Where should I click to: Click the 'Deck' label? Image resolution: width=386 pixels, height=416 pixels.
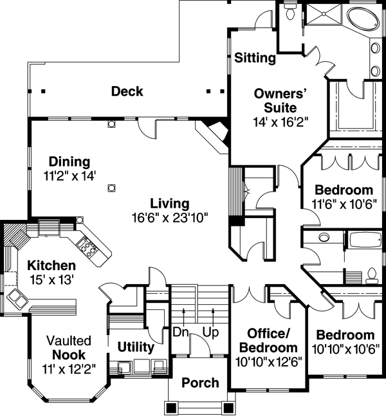(127, 91)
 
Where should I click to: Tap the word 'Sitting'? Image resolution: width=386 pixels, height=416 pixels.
(255, 59)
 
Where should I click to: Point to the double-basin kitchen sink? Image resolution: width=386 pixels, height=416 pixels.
(17, 298)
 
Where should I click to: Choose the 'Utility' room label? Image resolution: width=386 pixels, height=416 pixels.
(135, 348)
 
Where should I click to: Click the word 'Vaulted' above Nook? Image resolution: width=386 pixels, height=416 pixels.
(68, 340)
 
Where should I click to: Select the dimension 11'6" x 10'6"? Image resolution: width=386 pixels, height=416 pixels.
(344, 204)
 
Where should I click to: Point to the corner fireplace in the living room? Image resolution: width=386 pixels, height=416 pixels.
(215, 134)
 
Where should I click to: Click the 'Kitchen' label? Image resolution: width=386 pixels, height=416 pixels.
(51, 266)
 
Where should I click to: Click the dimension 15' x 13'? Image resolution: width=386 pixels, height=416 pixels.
(52, 280)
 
